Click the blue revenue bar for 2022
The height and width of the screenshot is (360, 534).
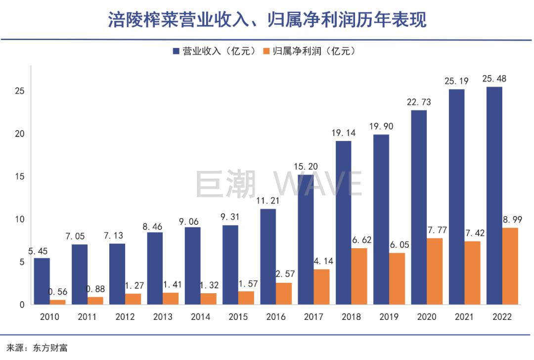coord(494,195)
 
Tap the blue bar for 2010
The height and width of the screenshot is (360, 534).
coord(42,281)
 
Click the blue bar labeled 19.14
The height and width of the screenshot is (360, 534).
coord(343,223)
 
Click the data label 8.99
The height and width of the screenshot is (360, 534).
coord(512,219)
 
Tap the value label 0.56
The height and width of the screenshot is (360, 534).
coord(58,292)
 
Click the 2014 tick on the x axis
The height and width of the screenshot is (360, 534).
coord(201,317)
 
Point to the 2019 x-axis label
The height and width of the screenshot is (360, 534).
coord(389,317)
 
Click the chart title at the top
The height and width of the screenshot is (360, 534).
coord(267,20)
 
